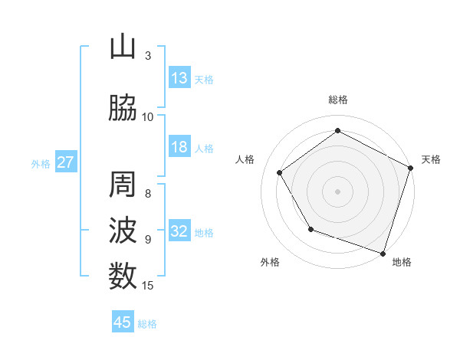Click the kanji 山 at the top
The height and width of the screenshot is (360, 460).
pyautogui.click(x=123, y=47)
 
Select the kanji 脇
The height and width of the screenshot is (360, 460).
pyautogui.click(x=123, y=109)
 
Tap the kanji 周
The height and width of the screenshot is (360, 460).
pyautogui.click(x=123, y=186)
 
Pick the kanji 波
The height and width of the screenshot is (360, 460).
pyautogui.click(x=123, y=231)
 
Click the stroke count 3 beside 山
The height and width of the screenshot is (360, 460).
pyautogui.click(x=148, y=56)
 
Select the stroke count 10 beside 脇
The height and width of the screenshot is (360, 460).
pyautogui.click(x=148, y=117)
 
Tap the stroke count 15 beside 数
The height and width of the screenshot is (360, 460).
pyautogui.click(x=148, y=286)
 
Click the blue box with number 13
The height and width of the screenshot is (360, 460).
pyautogui.click(x=179, y=78)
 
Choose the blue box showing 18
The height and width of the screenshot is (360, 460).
pyautogui.click(x=179, y=147)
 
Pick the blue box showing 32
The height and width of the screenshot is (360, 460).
pyautogui.click(x=179, y=231)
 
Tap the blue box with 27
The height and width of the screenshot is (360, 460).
pyautogui.click(x=65, y=162)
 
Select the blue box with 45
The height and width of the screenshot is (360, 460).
pyautogui.click(x=123, y=322)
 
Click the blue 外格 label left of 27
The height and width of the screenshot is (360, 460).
pyautogui.click(x=41, y=163)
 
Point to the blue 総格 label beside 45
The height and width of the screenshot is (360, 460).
pyautogui.click(x=148, y=324)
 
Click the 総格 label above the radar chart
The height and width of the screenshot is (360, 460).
pyautogui.click(x=337, y=100)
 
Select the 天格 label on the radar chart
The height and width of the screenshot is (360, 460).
pyautogui.click(x=431, y=159)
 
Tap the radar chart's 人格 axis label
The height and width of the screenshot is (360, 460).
pyautogui.click(x=245, y=159)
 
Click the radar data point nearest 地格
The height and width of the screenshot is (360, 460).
pyautogui.click(x=383, y=252)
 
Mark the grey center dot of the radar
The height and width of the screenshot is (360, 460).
pyautogui.click(x=337, y=191)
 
